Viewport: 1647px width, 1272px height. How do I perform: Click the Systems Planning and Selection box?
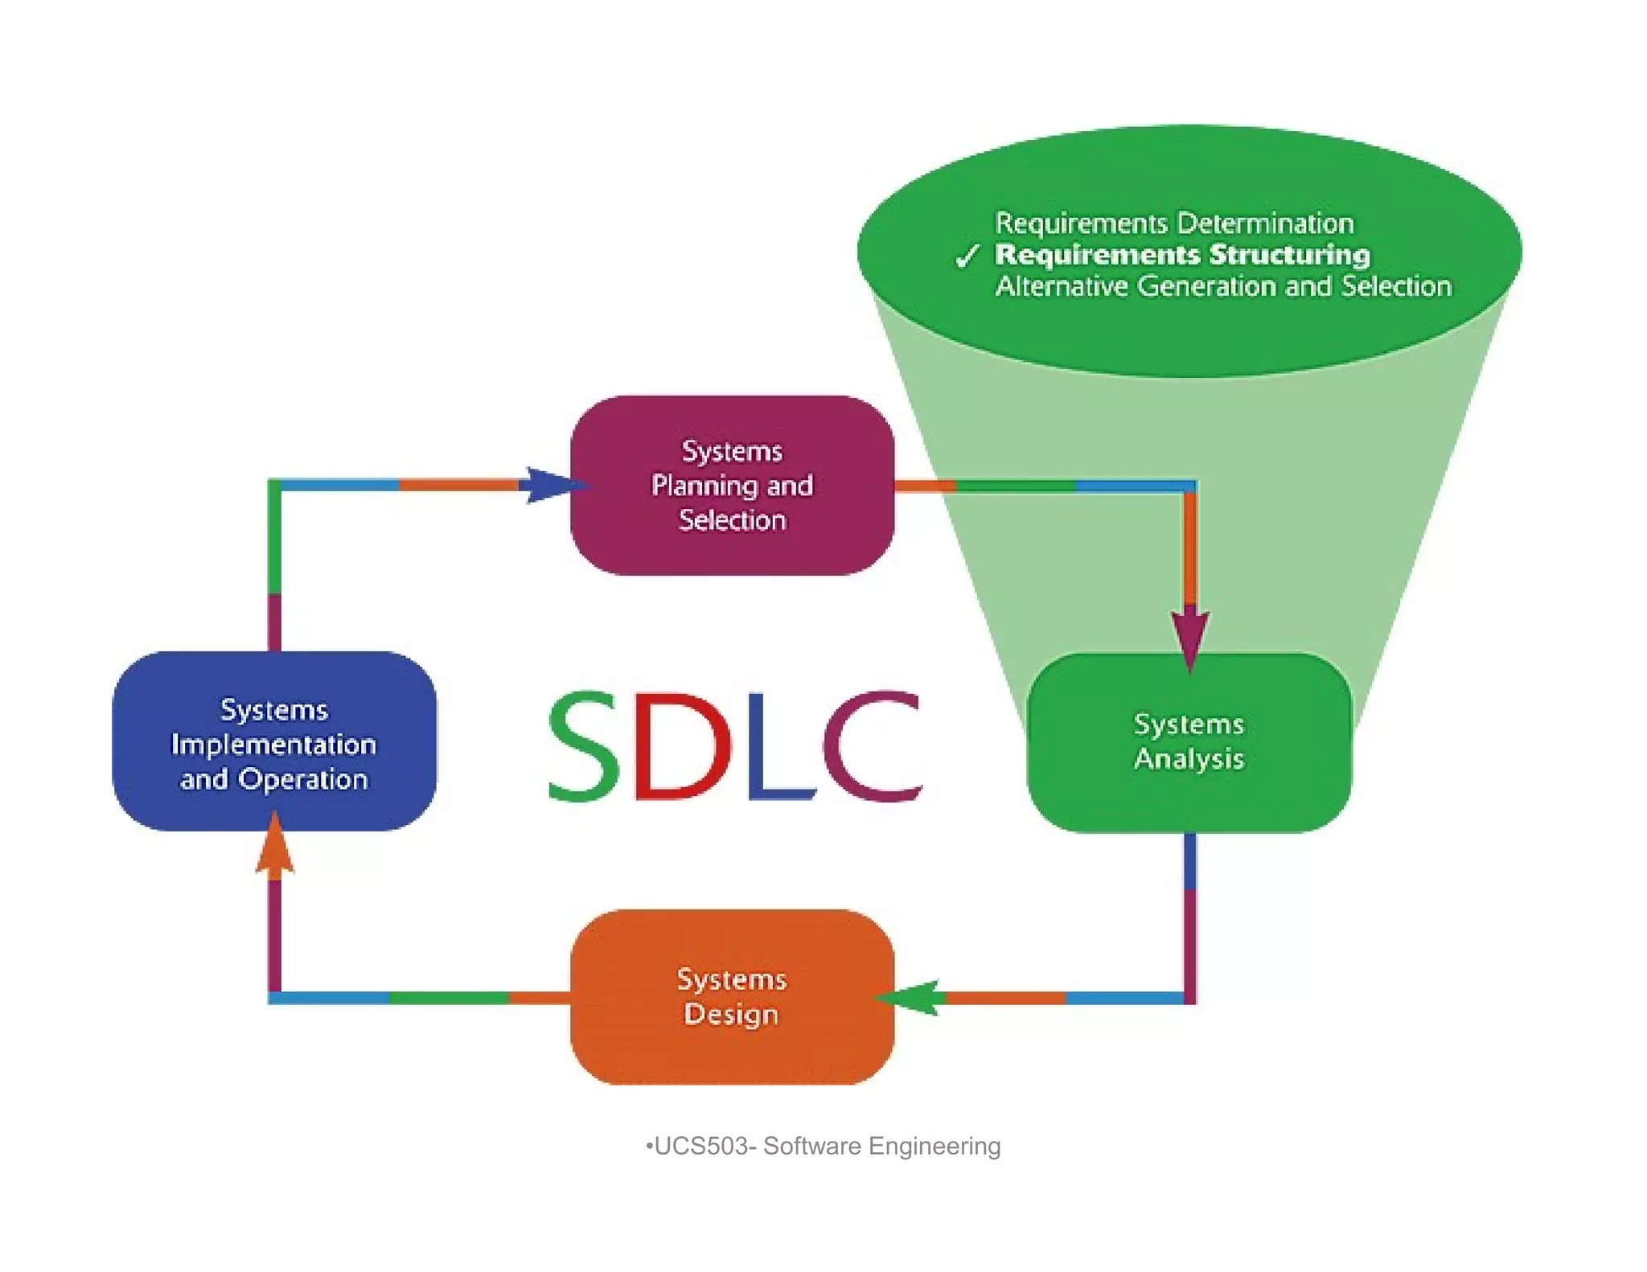pyautogui.click(x=732, y=485)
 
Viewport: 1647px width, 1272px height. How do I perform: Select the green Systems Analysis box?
pyautogui.click(x=1189, y=741)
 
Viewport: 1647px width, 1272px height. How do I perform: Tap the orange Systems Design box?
pyautogui.click(x=732, y=997)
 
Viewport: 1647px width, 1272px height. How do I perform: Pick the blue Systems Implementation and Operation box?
pyautogui.click(x=274, y=741)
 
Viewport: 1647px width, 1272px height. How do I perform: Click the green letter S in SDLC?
pyautogui.click(x=585, y=746)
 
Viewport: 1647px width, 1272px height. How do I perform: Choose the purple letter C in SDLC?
pyautogui.click(x=873, y=746)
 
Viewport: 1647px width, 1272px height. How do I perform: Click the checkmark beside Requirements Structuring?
pyautogui.click(x=967, y=256)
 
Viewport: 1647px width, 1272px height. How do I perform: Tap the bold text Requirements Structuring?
pyautogui.click(x=1182, y=255)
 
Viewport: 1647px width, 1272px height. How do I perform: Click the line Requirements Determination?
pyautogui.click(x=1174, y=223)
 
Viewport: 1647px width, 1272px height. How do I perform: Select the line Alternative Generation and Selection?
pyautogui.click(x=1223, y=286)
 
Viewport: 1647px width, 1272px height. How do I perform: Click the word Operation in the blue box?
pyautogui.click(x=303, y=779)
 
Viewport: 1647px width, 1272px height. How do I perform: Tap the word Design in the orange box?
pyautogui.click(x=731, y=1014)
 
